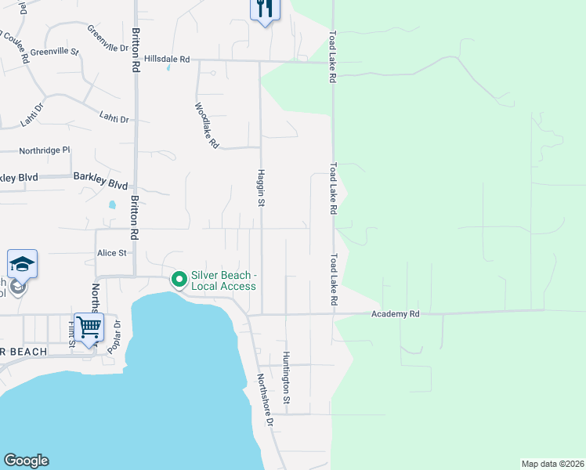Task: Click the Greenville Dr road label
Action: tap(107, 38)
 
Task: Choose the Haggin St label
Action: tap(261, 188)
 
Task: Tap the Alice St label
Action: tap(112, 253)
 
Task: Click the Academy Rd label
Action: tap(396, 313)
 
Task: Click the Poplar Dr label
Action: tap(115, 337)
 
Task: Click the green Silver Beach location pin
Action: tap(179, 278)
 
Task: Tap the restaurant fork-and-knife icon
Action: tap(265, 9)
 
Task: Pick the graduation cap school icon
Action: tap(23, 264)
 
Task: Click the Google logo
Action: tap(26, 461)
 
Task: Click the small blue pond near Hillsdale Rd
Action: tap(168, 67)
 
